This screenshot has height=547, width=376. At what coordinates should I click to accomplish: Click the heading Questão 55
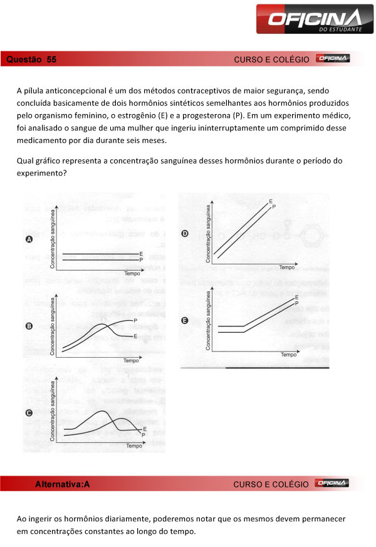pyautogui.click(x=31, y=60)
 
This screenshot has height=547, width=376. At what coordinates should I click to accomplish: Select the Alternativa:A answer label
pyautogui.click(x=63, y=484)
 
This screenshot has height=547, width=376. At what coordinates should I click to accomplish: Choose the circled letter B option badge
pyautogui.click(x=29, y=326)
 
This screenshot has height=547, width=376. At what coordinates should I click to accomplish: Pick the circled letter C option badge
pyautogui.click(x=29, y=413)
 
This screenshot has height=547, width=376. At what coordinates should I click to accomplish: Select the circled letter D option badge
pyautogui.click(x=185, y=234)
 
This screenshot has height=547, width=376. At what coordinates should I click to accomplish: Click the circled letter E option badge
pyautogui.click(x=185, y=320)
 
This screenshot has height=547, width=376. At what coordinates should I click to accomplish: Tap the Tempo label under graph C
pyautogui.click(x=134, y=446)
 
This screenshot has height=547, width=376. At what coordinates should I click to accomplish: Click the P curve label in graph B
pyautogui.click(x=135, y=320)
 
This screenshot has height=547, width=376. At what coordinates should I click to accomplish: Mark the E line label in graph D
pyautogui.click(x=270, y=201)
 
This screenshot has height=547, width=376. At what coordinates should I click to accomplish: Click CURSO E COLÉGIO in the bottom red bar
pyautogui.click(x=271, y=484)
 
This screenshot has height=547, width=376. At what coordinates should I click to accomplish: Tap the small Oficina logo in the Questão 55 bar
pyautogui.click(x=333, y=59)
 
